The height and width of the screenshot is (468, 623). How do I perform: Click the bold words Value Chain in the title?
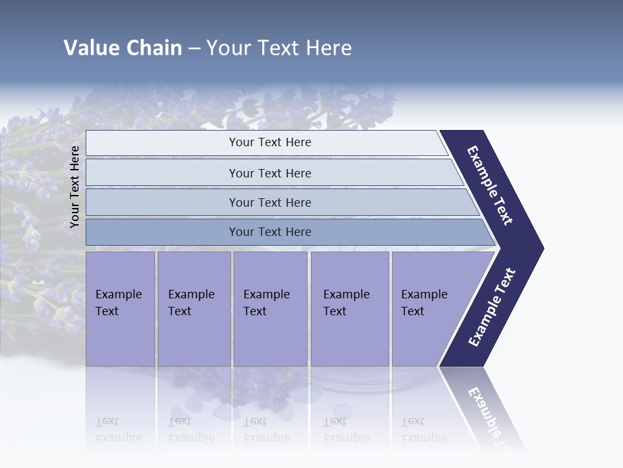point(123,48)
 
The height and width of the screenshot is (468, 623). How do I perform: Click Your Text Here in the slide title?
point(279,48)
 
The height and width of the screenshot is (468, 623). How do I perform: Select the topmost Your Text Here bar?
point(270,142)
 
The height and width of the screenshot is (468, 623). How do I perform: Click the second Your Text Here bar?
point(270,173)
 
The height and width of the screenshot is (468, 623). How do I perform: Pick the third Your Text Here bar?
point(270,202)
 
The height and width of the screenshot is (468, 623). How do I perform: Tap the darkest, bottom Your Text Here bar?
point(270,232)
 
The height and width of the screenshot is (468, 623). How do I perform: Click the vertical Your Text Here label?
point(75,187)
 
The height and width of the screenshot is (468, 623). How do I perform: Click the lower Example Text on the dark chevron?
point(492,307)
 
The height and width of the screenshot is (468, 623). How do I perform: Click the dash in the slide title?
point(194,49)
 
